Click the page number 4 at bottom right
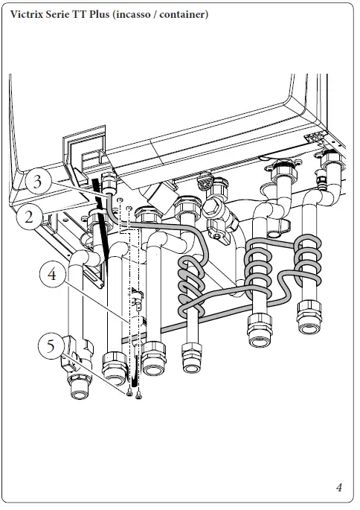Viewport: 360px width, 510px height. (x=338, y=488)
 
